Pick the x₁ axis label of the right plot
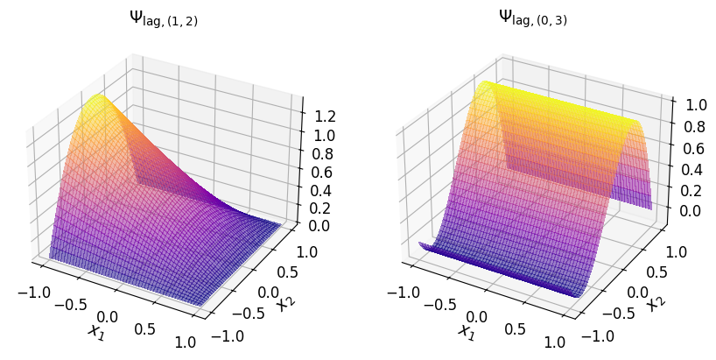pyautogui.click(x=466, y=330)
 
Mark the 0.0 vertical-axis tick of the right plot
pyautogui.click(x=691, y=211)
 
